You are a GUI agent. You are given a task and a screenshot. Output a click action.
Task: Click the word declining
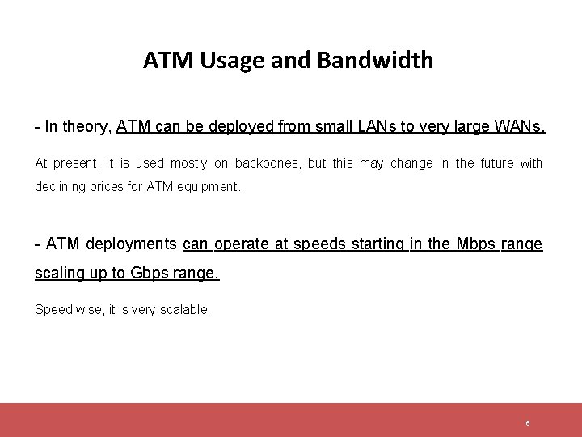click(x=60, y=188)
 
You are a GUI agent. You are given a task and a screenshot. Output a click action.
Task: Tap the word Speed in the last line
click(x=51, y=309)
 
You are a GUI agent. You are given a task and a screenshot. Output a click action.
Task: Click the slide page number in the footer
click(x=527, y=423)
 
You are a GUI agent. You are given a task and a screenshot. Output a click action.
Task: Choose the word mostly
click(x=188, y=163)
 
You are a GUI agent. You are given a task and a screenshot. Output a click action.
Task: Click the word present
click(x=75, y=163)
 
